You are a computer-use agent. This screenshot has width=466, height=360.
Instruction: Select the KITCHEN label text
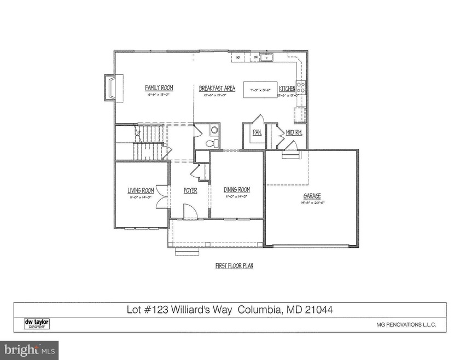point(287,89)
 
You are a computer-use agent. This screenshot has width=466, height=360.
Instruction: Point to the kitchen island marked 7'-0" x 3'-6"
point(260,90)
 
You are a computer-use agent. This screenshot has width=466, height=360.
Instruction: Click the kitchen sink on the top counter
point(269,57)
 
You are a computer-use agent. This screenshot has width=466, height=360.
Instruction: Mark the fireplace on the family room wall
point(110,89)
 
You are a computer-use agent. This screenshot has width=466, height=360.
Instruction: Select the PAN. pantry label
point(257,132)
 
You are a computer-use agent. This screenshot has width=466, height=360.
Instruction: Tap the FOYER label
point(189,190)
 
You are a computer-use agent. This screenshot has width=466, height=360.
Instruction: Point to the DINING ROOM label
point(237,190)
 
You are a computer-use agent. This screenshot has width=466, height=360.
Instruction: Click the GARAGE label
point(312,195)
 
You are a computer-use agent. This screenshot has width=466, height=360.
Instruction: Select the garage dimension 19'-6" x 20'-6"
point(312,202)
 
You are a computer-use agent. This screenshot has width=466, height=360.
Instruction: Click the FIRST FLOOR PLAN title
point(234,266)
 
